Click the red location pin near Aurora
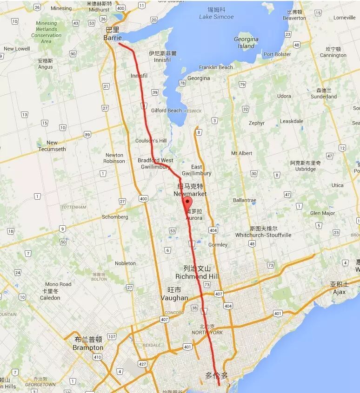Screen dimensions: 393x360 coord(187,203)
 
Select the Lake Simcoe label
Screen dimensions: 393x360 coord(216,17)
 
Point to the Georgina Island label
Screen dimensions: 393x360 coord(246,43)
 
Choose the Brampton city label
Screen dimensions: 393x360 coord(88,347)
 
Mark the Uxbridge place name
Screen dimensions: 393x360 coord(305,169)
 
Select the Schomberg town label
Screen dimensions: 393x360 coord(115,217)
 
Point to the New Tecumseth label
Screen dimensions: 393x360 coord(52,146)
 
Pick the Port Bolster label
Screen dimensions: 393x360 coord(277,54)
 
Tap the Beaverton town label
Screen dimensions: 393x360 coord(294,18)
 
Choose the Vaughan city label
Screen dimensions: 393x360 coord(174,298)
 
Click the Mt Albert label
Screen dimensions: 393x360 coord(241,153)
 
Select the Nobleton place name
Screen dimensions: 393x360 coord(125,263)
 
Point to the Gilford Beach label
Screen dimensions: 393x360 coord(167,111)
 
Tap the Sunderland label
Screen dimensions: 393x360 coord(324,97)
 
